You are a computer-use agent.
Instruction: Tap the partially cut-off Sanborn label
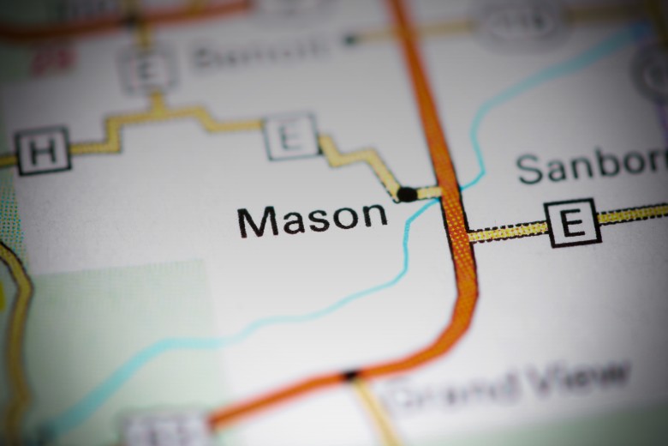[x=591, y=166]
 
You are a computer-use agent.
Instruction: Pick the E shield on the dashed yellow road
[x=572, y=222]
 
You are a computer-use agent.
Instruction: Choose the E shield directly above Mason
[x=291, y=136]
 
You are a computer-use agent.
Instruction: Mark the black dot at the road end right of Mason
[x=407, y=194]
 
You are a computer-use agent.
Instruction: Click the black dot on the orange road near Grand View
[x=350, y=375]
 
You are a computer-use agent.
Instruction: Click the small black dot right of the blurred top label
[x=349, y=39]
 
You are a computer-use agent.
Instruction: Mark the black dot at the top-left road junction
[x=130, y=19]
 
